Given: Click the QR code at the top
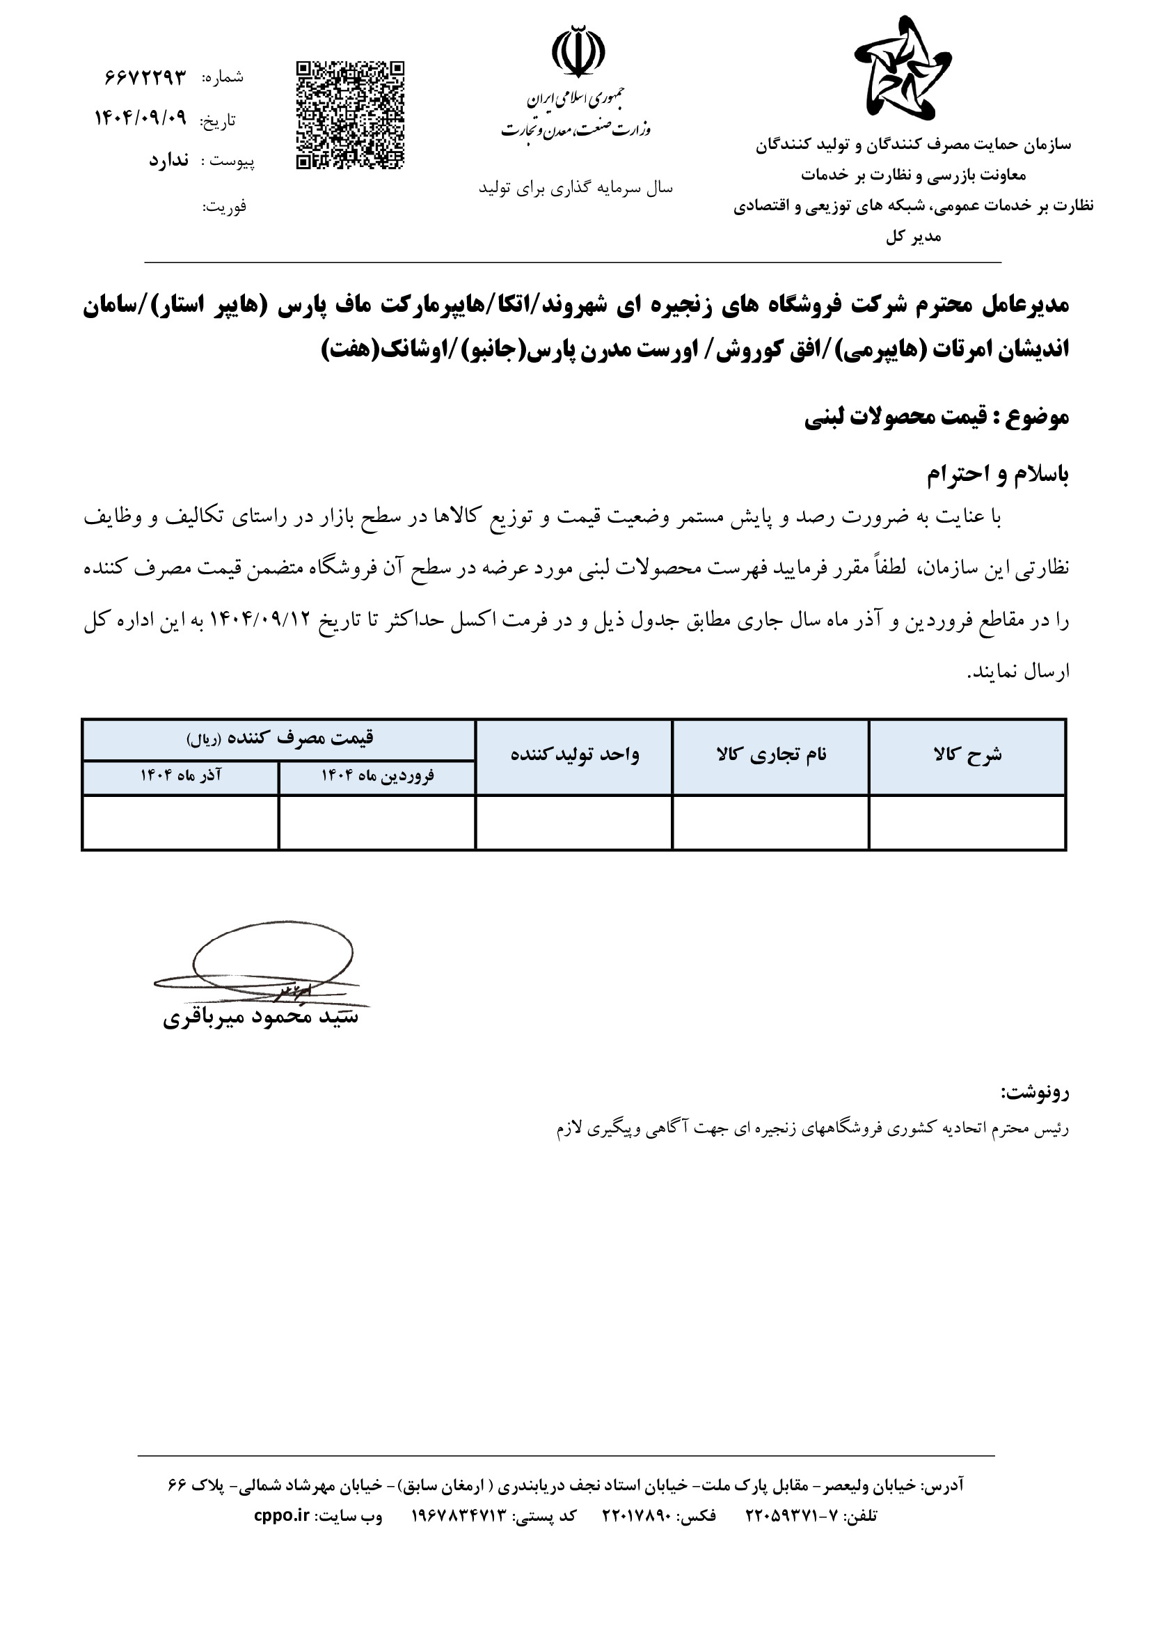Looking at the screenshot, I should click(x=349, y=115).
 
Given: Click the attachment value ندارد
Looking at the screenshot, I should click(x=168, y=160).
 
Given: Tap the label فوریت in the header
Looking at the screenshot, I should click(x=225, y=207).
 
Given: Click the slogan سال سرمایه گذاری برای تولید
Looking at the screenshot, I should click(x=575, y=188).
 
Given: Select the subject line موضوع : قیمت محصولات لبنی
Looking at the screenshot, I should click(x=935, y=418).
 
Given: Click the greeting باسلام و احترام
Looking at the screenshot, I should click(x=997, y=475).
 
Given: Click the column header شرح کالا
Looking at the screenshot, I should click(x=967, y=754).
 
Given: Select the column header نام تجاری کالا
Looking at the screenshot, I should click(x=771, y=754).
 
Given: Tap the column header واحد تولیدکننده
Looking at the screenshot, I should click(x=575, y=754).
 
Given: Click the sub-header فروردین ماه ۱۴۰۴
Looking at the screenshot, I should click(x=377, y=775).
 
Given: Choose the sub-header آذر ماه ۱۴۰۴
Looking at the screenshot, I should click(x=181, y=775).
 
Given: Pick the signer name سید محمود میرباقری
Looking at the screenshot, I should click(x=261, y=1018).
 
